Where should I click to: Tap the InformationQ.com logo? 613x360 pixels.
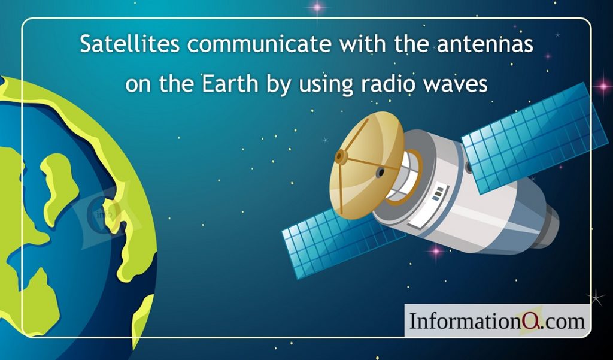[497, 321]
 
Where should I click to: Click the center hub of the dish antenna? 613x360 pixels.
[341, 157]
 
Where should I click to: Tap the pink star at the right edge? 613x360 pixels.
[603, 85]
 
